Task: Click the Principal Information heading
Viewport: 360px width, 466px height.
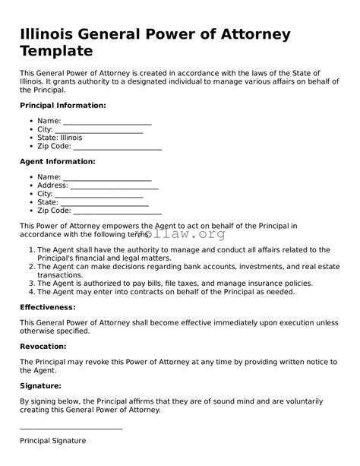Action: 62,105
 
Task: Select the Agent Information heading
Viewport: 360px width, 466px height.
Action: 57,161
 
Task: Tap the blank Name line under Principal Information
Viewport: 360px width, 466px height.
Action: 107,121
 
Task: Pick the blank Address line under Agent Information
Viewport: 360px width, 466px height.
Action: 114,185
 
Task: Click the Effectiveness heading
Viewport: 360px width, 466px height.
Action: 58,307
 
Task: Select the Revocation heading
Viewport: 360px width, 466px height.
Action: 53,347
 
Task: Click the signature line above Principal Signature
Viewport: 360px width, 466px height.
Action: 71,429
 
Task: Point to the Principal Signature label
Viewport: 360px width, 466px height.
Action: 52,441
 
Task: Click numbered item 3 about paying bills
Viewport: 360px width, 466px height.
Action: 175,283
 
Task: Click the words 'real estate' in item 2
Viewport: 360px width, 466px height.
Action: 320,267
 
